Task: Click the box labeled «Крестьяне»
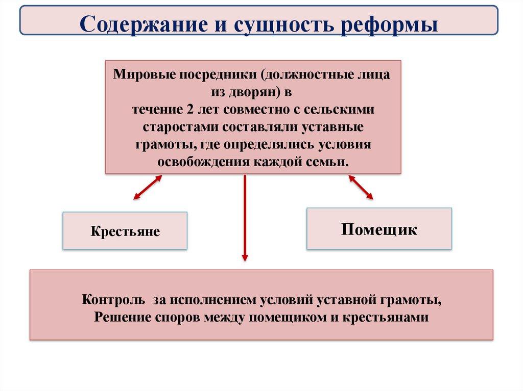(125, 231)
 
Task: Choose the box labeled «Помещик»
(379, 228)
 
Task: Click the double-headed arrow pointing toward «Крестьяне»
(148, 187)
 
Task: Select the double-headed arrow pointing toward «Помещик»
(361, 187)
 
